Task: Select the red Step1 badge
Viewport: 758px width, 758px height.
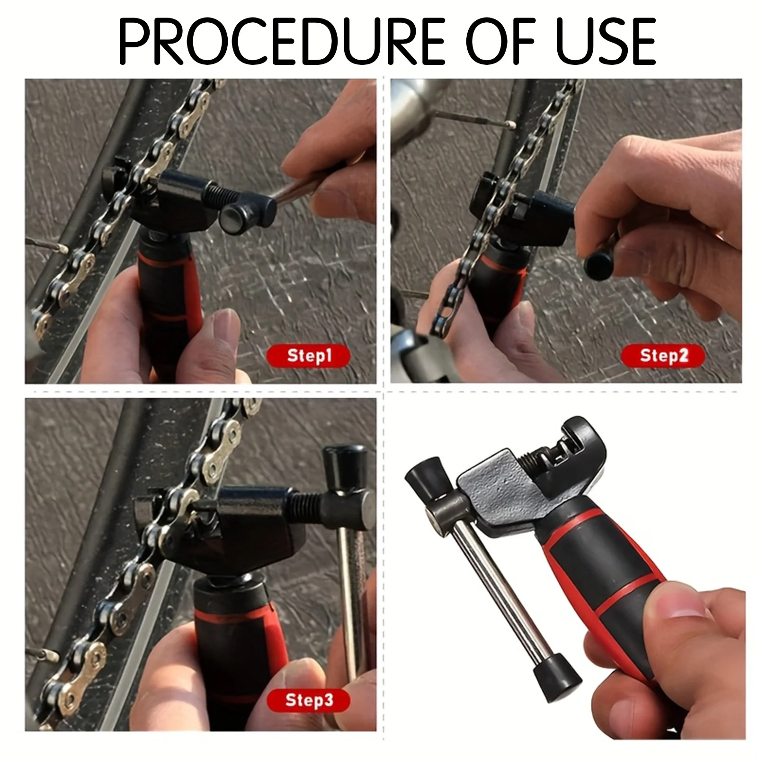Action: (309, 356)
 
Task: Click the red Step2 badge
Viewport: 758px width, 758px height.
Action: (662, 355)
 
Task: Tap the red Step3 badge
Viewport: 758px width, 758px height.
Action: (309, 700)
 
